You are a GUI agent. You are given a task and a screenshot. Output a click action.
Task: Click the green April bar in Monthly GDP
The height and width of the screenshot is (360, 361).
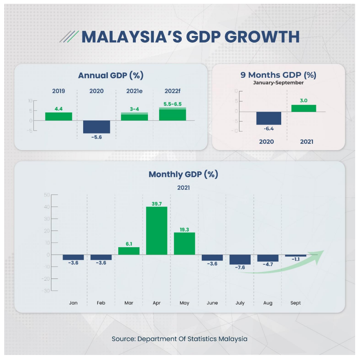pos(157,231)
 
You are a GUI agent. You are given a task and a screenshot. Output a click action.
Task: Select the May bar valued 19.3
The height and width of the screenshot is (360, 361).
pos(184,243)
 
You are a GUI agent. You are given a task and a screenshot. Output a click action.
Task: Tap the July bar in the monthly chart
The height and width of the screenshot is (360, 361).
pos(240,259)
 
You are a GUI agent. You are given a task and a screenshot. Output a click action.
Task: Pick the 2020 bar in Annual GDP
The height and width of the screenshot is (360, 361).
pos(97,127)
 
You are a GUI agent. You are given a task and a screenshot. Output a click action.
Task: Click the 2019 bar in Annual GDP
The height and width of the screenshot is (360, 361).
pos(58,116)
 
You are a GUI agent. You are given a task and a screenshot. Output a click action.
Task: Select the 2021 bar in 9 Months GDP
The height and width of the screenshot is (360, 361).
pos(304,108)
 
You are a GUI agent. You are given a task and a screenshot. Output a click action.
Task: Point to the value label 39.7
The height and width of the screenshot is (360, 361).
pos(157,203)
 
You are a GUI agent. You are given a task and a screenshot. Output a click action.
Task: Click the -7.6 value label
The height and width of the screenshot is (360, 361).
pos(240,268)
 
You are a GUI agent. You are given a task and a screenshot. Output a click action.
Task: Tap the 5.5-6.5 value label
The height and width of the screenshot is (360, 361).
pos(173,104)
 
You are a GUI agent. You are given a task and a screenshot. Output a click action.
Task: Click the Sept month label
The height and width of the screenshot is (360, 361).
pos(295,303)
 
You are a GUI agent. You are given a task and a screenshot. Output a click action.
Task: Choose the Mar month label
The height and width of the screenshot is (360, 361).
pos(129,303)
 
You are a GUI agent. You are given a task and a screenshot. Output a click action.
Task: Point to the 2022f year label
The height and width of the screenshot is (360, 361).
pos(172,91)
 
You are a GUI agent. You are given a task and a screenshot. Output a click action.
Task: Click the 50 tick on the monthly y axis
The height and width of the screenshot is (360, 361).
pos(46,195)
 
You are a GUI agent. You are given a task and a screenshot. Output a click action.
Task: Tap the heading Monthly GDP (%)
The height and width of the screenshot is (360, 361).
pos(183,174)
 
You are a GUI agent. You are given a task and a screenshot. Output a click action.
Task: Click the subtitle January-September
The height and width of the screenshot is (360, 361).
pos(278,83)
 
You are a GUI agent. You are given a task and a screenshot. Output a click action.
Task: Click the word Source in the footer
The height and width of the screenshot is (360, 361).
pos(122,339)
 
